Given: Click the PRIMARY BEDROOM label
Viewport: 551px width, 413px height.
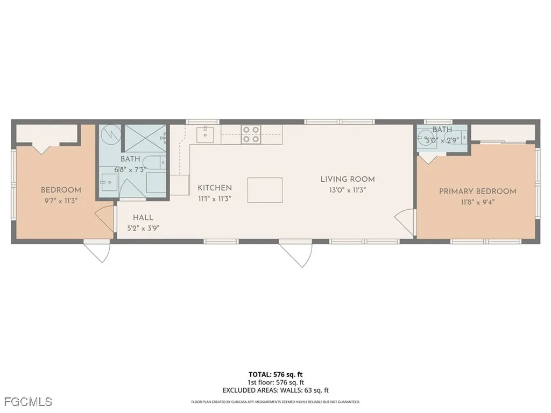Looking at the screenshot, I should pos(477,191).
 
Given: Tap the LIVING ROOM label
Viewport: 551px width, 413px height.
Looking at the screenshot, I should pos(348,179).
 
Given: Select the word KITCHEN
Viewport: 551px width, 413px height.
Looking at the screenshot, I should pos(215,188).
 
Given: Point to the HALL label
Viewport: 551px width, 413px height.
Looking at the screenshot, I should pos(143,217).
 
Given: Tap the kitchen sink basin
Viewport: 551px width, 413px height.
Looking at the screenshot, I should pos(204,134).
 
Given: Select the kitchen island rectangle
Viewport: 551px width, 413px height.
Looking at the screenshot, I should pos(265,190).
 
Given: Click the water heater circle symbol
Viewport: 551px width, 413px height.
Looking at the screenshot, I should pos(110,134).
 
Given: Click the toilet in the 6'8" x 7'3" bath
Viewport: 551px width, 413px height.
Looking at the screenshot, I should pos(154,161).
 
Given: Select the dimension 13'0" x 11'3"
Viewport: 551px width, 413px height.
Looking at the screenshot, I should pos(348,189).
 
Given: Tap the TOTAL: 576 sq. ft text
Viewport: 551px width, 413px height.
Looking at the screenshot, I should pos(275,374).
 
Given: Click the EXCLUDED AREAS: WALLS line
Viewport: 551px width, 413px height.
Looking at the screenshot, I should pos(275,390).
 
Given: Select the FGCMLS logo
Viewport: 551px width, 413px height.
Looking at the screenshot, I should pos(27,401).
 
